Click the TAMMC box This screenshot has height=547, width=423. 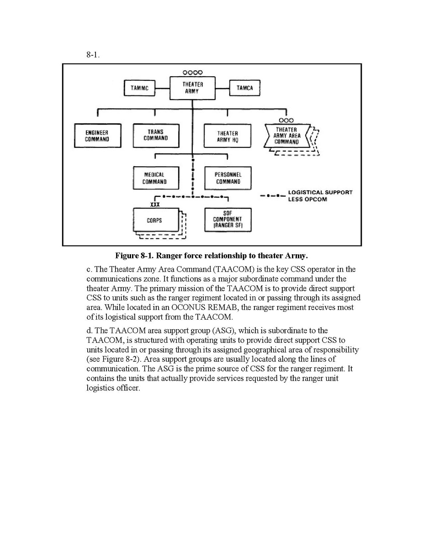point(139,88)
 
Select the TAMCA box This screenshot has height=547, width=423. point(244,88)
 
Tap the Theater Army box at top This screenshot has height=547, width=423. point(192,88)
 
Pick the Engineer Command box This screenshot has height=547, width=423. point(97,136)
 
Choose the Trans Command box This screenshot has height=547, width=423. point(155,135)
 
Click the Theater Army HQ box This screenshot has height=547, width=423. point(227,136)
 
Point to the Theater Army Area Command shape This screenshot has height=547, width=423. point(286,136)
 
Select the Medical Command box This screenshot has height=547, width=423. point(154,178)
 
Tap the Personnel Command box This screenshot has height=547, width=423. point(228,178)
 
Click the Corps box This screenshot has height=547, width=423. point(155,220)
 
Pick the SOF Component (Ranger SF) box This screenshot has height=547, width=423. point(227,220)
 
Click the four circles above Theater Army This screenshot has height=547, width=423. point(192,72)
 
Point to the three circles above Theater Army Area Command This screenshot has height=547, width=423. point(286,120)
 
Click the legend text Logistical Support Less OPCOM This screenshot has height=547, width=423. point(320,196)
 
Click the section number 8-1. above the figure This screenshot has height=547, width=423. point(93,55)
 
